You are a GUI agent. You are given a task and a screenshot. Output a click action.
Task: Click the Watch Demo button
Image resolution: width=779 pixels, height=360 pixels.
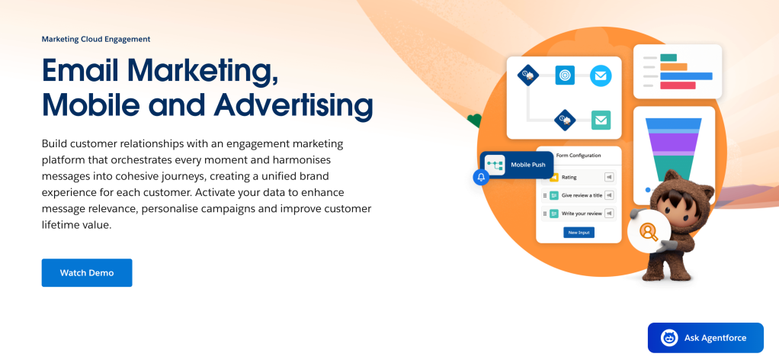tap(87, 272)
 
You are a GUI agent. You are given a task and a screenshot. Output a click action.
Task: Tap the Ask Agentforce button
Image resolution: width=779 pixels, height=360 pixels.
tap(706, 338)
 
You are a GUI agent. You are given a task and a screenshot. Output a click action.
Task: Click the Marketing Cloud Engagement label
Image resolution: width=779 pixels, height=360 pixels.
tap(96, 39)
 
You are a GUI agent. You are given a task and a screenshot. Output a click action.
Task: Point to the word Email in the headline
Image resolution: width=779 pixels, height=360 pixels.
tap(80, 70)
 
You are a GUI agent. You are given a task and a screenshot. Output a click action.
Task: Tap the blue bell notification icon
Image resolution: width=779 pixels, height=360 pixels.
tap(481, 177)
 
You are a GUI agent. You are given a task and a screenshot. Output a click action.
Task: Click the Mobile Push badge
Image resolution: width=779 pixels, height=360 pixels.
tap(517, 165)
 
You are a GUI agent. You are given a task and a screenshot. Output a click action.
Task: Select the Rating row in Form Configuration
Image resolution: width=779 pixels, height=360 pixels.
tap(579, 177)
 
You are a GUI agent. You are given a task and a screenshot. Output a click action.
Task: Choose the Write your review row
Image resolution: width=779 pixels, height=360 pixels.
tap(579, 214)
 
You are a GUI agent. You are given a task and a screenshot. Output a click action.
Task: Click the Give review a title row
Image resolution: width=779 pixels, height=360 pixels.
tap(579, 195)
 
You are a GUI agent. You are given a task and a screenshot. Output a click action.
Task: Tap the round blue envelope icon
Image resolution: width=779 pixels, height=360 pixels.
tap(601, 76)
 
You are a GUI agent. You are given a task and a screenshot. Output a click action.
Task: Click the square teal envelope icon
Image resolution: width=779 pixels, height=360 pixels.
tap(601, 120)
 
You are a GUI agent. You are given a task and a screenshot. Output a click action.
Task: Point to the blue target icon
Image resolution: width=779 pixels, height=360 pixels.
tap(565, 75)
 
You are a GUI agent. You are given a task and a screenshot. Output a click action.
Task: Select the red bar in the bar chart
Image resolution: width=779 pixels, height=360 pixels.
tap(678, 85)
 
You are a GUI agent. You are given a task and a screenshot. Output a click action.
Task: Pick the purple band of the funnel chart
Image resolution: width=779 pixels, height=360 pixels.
tap(674, 141)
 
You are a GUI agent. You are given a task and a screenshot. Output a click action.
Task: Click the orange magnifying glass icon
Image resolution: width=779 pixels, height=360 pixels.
tap(648, 232)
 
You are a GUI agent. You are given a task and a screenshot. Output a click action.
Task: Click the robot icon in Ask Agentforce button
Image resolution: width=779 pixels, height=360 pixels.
tap(669, 338)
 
